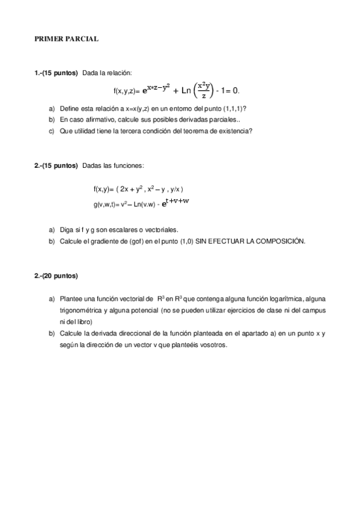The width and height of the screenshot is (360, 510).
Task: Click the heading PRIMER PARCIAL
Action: (x=67, y=39)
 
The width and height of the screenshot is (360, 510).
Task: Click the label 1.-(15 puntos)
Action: (x=56, y=73)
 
